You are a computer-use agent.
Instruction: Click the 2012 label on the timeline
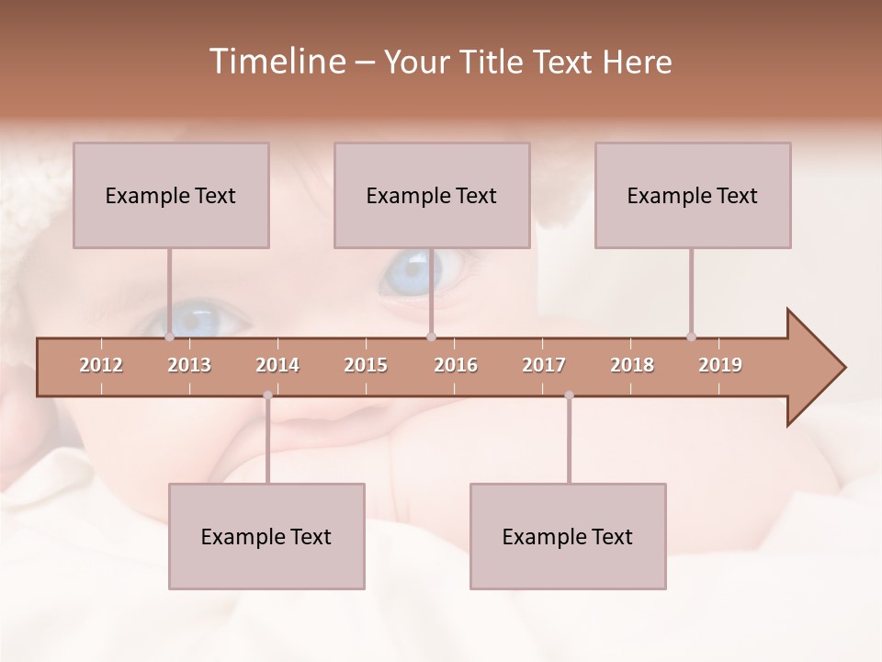[x=101, y=366]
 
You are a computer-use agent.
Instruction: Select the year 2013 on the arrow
[x=189, y=366]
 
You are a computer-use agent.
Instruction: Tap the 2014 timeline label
[x=277, y=366]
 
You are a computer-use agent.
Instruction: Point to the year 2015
[x=366, y=366]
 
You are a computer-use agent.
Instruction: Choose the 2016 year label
[x=456, y=366]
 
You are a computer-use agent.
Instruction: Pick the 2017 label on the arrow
[x=544, y=366]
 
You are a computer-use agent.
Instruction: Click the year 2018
[x=632, y=366]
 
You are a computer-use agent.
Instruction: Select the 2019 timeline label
[x=720, y=366]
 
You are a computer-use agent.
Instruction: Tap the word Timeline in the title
[x=276, y=62]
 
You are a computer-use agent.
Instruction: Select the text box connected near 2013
[x=171, y=195]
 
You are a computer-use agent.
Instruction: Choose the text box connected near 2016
[x=432, y=195]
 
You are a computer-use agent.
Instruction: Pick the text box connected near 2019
[x=693, y=195]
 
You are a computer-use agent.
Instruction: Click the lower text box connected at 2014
[x=266, y=536]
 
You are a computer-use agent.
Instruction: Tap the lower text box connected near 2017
[x=568, y=536]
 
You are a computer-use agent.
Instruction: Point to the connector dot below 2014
[x=267, y=395]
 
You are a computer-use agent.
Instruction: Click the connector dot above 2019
[x=691, y=337]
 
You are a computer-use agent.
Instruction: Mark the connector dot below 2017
[x=569, y=395]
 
